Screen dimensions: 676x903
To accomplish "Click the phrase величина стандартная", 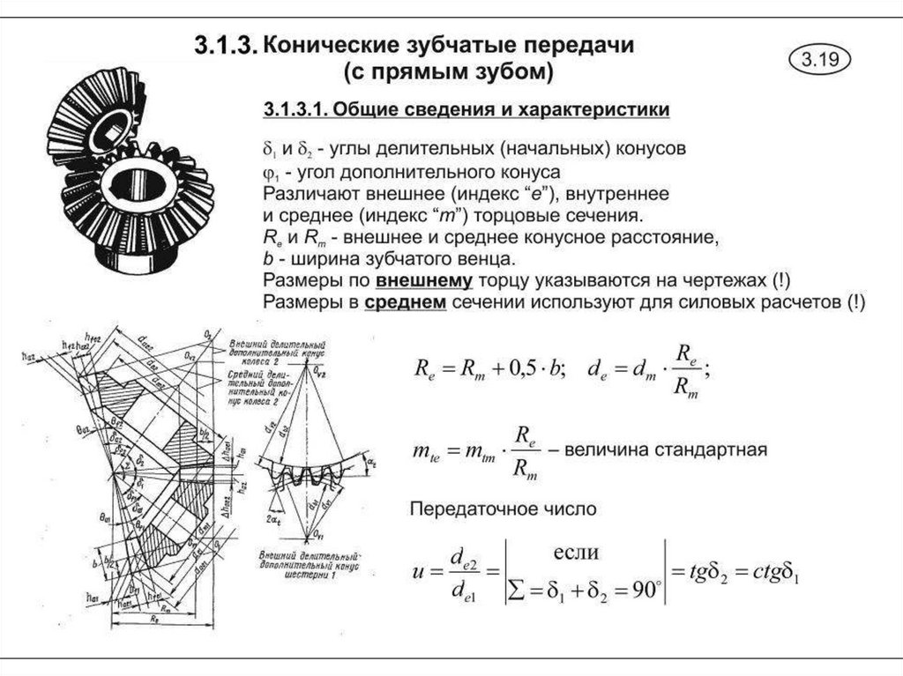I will (x=667, y=450).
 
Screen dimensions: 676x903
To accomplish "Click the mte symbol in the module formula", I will (x=426, y=451).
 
